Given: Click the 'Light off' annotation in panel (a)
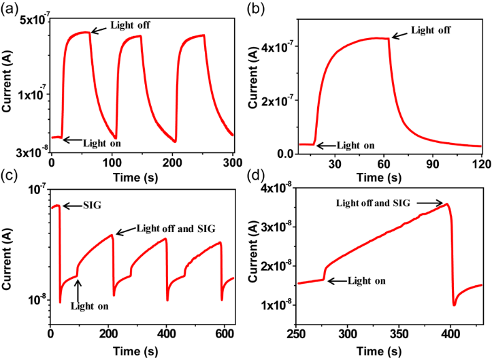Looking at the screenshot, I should (130, 25).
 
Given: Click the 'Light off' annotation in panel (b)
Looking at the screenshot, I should (431, 30).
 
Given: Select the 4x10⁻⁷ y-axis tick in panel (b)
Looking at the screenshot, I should (278, 47).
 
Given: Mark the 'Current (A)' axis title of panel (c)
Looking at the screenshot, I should (10, 252).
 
